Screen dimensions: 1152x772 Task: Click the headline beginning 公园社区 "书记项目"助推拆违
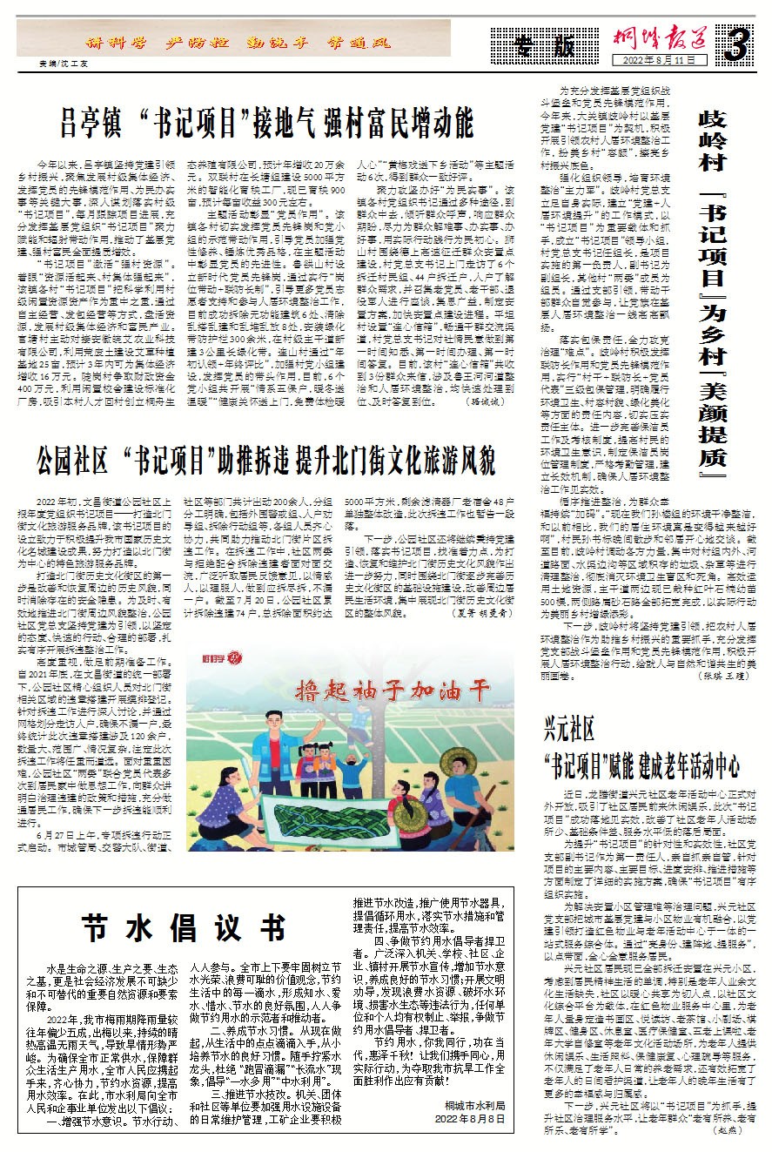click(265, 458)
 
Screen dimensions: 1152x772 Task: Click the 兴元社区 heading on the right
click(570, 726)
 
